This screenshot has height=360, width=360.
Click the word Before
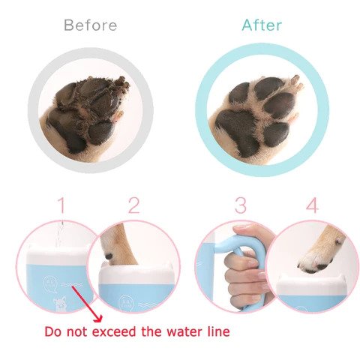[x=90, y=25]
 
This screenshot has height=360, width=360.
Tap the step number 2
[x=133, y=205]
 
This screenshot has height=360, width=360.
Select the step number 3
[x=240, y=205]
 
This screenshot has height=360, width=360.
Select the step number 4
[x=311, y=205]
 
